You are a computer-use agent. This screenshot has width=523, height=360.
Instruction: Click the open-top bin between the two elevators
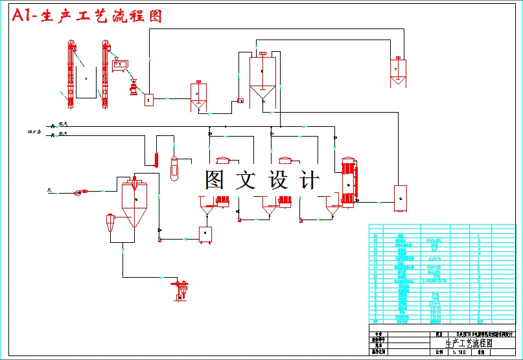[87, 80]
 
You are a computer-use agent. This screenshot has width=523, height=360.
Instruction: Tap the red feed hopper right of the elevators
[120, 63]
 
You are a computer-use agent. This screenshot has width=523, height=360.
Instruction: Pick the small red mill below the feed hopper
[134, 89]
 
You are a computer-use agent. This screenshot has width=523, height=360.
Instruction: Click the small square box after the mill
[148, 100]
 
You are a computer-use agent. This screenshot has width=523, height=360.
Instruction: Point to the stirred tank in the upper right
[397, 71]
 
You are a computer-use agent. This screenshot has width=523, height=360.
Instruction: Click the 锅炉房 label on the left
[35, 132]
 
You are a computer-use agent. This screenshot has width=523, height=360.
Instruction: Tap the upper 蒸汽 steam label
[63, 123]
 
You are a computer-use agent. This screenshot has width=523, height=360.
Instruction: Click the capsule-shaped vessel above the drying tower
[173, 168]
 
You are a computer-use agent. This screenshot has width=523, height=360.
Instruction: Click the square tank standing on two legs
[206, 234]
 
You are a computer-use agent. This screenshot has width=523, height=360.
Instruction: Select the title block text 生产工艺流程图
[469, 344]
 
